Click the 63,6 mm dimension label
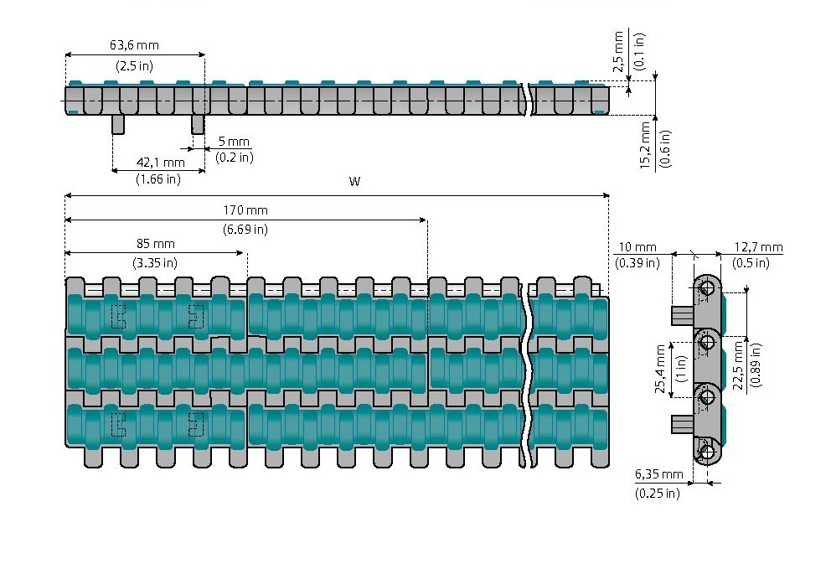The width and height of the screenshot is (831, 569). [134, 46]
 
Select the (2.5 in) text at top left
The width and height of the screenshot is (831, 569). [134, 65]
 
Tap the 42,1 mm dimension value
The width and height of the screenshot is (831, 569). [158, 162]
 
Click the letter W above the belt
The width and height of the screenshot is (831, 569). [354, 182]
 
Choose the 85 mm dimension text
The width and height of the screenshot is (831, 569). [155, 244]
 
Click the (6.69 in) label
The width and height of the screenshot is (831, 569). [245, 229]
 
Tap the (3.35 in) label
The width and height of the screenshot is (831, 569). [155, 262]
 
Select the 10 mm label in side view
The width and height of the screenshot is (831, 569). [637, 247]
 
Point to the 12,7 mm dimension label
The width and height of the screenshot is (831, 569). [758, 247]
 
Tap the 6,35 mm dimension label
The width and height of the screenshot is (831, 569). [658, 475]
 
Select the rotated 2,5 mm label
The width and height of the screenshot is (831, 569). [619, 52]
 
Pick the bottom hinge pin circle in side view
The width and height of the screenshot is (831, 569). [708, 453]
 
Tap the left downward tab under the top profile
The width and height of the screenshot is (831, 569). [118, 124]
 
